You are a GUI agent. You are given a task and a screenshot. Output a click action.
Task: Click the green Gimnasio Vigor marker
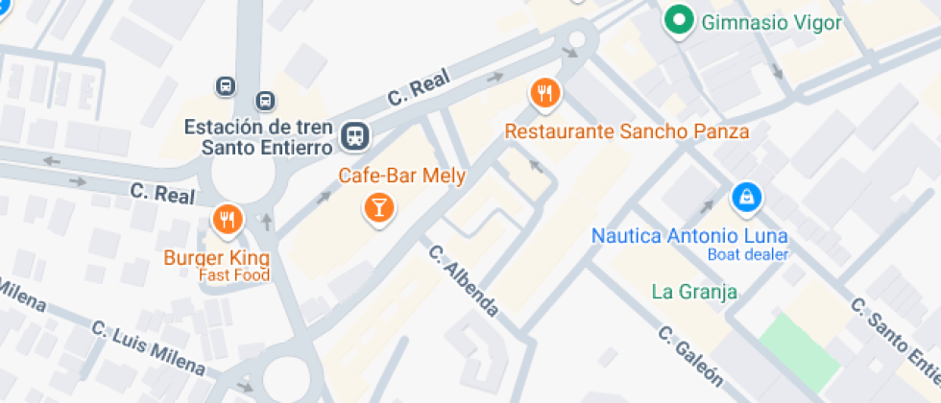pos(680,20)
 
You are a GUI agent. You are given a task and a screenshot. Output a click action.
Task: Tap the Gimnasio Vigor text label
pos(772,22)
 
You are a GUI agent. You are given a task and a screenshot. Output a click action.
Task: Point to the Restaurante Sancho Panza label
pos(627,130)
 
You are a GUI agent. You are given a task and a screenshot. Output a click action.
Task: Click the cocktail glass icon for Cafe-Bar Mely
pos(379,207)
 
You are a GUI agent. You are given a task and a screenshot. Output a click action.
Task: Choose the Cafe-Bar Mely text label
pos(401,176)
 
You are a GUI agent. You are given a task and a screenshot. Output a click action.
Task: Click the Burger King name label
pos(216,258)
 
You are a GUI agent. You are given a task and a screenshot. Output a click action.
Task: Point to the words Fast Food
pos(234,275)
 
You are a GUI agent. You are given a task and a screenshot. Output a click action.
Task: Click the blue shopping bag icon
pos(745,199)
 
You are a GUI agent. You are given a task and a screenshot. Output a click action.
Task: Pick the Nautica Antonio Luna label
pos(689,235)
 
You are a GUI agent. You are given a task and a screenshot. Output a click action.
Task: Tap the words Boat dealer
pos(747,254)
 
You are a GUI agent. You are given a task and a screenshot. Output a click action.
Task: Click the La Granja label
pos(693,292)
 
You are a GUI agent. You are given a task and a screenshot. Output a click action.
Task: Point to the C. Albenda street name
pos(464,282)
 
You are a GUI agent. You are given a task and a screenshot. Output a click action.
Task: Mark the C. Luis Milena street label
pos(148,346)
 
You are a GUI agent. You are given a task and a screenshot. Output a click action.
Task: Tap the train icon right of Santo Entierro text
pos(355,136)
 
